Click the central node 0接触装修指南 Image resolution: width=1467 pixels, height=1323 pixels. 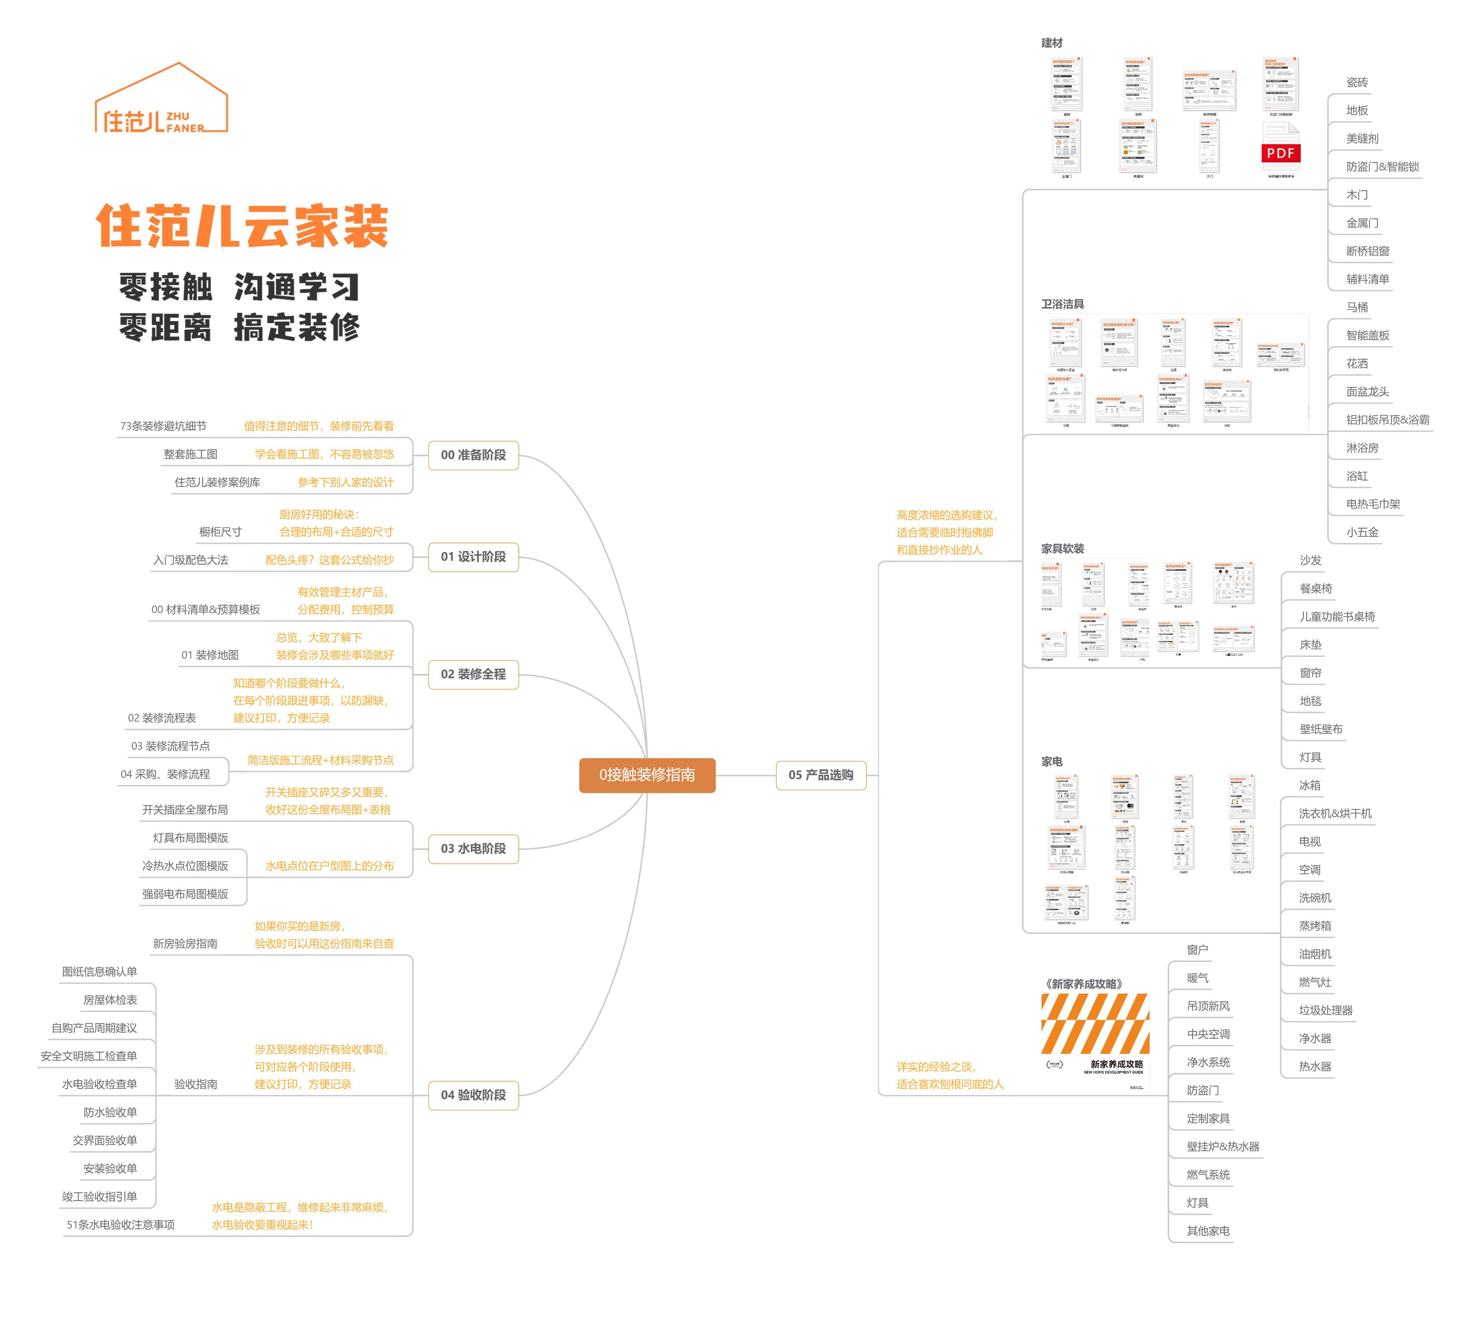tap(647, 775)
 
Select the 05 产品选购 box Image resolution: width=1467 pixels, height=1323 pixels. tap(821, 775)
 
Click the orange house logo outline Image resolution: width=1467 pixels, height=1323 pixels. tap(161, 98)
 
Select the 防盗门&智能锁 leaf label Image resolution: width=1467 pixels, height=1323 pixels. tap(1382, 166)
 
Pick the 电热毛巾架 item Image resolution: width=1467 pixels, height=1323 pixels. tap(1373, 504)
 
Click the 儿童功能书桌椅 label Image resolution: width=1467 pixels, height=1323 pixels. tap(1337, 616)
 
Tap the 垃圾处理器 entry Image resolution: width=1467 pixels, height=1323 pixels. tap(1325, 1010)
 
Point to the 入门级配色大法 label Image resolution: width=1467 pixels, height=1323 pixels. tap(190, 560)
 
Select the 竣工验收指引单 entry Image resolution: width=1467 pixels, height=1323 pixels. tap(99, 1196)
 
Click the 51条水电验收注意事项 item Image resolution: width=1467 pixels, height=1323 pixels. tap(120, 1225)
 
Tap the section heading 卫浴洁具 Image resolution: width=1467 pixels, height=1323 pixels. tap(1062, 304)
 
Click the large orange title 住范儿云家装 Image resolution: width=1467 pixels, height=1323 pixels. tap(242, 226)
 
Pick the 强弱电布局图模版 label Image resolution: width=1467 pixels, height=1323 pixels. tap(185, 894)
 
